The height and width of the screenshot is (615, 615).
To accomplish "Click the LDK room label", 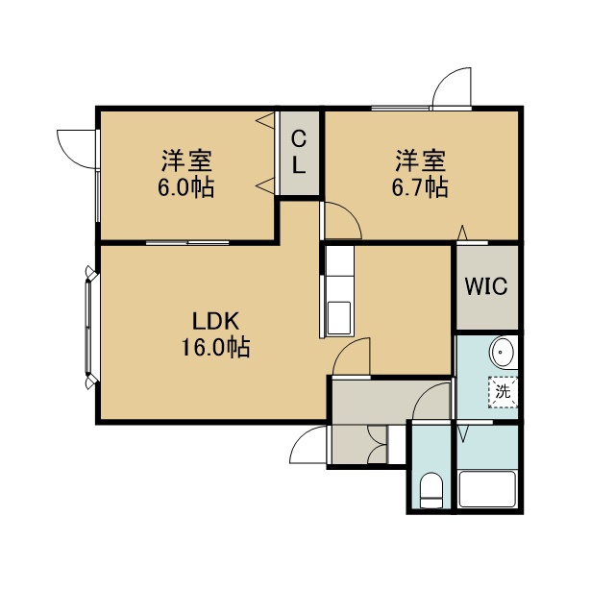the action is tap(215, 321).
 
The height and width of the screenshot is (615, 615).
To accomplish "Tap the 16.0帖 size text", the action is tap(215, 347).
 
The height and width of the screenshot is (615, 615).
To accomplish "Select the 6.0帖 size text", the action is tap(186, 187).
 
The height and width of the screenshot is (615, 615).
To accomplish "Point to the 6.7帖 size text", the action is tap(420, 187).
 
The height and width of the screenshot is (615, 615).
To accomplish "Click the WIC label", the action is tap(486, 286).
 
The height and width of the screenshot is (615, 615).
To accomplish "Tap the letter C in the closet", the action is tap(299, 139).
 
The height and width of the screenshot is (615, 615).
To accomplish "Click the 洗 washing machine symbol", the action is tap(503, 392).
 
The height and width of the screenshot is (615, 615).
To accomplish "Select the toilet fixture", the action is tap(431, 490).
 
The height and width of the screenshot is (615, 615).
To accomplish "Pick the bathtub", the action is tap(487, 489).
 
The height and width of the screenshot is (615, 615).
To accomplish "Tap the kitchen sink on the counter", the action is tap(338, 317).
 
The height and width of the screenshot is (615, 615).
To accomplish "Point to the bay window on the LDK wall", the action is tap(90, 327).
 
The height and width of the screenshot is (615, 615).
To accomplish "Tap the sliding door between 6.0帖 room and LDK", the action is tap(187, 243).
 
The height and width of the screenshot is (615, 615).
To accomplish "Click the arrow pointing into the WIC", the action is tap(463, 233).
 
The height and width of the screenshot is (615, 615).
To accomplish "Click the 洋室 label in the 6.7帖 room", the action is tap(420, 160).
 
